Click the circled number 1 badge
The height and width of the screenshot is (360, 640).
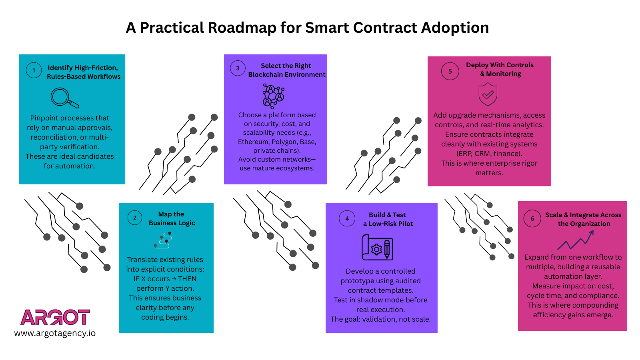click(34, 70)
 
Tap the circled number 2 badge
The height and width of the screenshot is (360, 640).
click(135, 218)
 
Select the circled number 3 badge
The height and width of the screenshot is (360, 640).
click(238, 68)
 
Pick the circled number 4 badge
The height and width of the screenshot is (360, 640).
click(347, 218)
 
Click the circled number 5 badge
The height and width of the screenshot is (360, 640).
click(450, 71)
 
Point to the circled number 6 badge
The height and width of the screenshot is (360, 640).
click(532, 218)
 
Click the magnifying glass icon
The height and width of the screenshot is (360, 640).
click(64, 98)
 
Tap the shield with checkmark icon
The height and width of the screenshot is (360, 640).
click(488, 94)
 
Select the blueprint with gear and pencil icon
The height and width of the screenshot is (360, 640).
click(377, 248)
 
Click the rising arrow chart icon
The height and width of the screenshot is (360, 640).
click(576, 240)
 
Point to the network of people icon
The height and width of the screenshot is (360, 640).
click(273, 96)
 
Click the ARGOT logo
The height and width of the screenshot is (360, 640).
click(55, 317)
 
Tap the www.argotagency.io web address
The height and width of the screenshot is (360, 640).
click(55, 333)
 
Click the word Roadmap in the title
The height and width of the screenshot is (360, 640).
click(242, 28)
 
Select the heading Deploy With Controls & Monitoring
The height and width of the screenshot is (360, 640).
click(500, 69)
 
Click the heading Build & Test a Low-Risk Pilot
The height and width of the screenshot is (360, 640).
click(388, 219)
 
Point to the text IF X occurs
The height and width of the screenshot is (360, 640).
click(152, 279)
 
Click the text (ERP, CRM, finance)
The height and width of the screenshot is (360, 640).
click(489, 154)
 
